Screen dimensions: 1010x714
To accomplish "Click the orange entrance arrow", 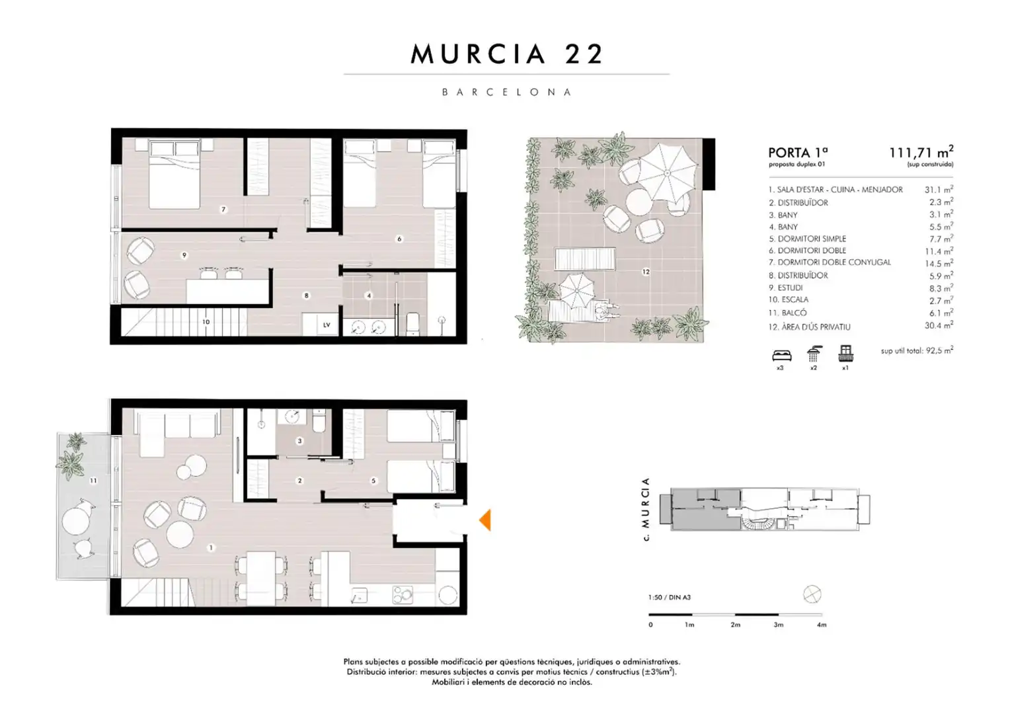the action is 486,520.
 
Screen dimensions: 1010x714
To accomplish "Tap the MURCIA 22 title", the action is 507,54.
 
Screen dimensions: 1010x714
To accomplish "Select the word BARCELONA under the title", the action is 507,92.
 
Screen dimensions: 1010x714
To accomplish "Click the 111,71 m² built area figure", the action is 921,152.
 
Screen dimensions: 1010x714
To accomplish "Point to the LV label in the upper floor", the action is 327,325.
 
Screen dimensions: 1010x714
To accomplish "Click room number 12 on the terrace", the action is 646,272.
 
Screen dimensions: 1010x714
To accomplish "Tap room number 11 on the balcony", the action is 93,481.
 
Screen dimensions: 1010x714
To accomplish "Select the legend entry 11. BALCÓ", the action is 788,313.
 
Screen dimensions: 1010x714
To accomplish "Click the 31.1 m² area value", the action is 939,190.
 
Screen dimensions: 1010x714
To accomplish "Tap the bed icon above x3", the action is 782,356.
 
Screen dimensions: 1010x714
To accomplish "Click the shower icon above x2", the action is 814,354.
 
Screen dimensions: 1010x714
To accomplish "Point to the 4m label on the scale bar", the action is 822,625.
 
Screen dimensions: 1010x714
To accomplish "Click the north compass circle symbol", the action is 812,594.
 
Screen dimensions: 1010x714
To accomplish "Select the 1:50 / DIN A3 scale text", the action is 670,597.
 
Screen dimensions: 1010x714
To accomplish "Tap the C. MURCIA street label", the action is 646,509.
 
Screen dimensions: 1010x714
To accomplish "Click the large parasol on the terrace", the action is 668,173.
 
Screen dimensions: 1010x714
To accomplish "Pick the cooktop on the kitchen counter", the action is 402,594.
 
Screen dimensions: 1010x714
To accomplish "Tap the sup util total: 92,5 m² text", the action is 917,350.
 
